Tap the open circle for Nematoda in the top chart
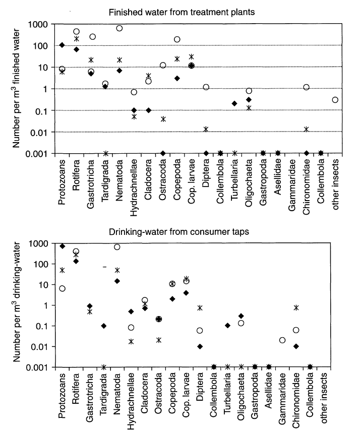tap(119, 28)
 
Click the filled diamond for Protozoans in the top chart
tap(62, 45)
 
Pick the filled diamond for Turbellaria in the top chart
tap(234, 103)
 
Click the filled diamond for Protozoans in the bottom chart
tap(62, 246)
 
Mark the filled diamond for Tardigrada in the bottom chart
tap(103, 326)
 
